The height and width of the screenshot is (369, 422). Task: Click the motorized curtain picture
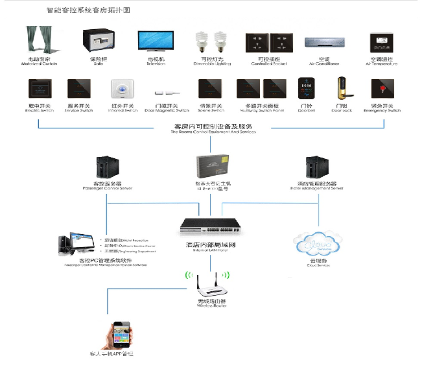click(x=41, y=41)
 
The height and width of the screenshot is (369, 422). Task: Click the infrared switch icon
click(x=121, y=89)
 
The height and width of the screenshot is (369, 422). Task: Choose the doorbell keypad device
click(x=306, y=89)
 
